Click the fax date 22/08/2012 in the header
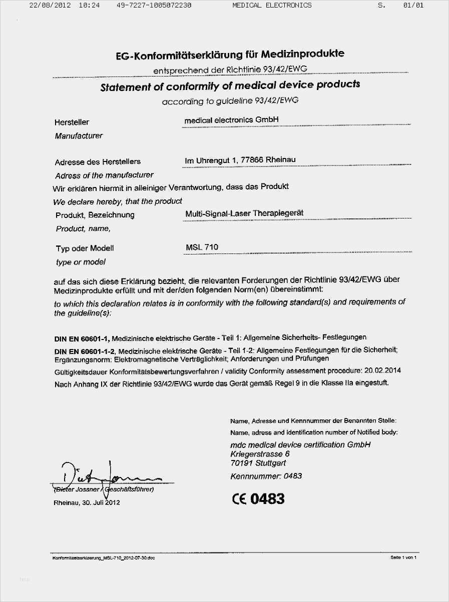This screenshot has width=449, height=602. (x=50, y=5)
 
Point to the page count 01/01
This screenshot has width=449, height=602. (x=413, y=5)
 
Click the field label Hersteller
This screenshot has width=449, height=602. (x=72, y=122)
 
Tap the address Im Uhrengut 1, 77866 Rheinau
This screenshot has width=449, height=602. (x=240, y=160)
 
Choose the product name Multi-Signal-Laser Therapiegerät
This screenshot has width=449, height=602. (x=244, y=213)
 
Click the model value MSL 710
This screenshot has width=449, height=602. (x=202, y=247)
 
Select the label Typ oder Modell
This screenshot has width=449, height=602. (x=85, y=248)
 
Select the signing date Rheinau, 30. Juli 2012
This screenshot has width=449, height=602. (x=87, y=502)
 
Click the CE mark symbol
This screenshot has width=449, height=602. (x=239, y=498)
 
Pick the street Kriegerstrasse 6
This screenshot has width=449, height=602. (x=260, y=454)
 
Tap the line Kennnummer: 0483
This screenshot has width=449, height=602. (x=266, y=476)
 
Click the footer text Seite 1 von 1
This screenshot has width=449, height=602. (x=403, y=557)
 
